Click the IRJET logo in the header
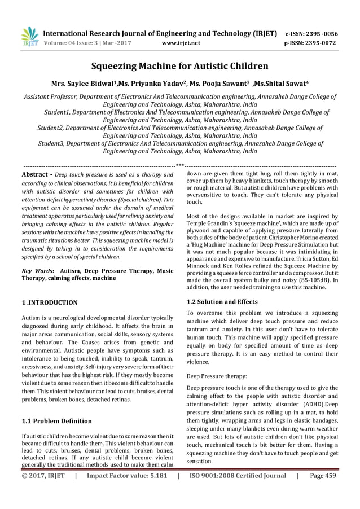(x=28, y=36)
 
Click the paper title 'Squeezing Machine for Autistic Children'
(x=179, y=66)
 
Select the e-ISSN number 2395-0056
(x=319, y=33)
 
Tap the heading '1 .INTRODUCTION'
(x=50, y=303)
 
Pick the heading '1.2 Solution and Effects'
(x=222, y=302)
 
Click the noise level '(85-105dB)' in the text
(x=313, y=280)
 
